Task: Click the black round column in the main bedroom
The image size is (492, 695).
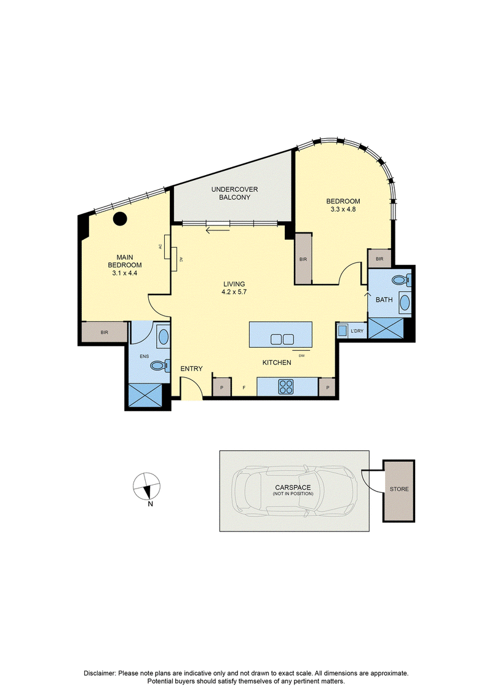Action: coord(120,218)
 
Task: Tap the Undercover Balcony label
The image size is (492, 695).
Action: coord(234,193)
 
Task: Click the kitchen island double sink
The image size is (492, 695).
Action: coord(282,340)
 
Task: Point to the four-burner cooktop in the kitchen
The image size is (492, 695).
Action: coord(286,387)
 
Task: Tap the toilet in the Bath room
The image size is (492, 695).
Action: coord(402,280)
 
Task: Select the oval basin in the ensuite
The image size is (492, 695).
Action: coord(163,337)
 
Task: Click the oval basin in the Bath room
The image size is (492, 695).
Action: coord(405,302)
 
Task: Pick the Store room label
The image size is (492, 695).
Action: coord(399,489)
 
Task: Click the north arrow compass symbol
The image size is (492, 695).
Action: coord(147,487)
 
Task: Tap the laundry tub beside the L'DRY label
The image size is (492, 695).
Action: coord(342,331)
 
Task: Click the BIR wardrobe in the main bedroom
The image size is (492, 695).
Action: coord(105,332)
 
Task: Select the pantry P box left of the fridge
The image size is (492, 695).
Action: coord(222,387)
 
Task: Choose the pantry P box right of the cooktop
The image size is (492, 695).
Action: coord(328,387)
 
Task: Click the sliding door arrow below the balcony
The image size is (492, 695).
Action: coord(218,230)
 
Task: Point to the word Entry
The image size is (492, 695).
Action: coord(192,369)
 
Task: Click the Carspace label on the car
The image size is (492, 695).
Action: coord(293,487)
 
